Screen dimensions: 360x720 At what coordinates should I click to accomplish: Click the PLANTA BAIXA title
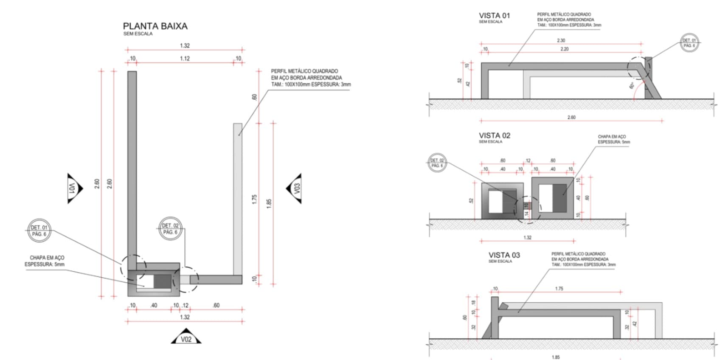point(155,26)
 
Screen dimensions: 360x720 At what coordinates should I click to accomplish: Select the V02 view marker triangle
point(186,337)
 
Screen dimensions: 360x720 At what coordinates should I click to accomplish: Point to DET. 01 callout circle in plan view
point(39,231)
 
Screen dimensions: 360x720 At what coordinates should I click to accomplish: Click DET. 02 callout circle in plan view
point(170,229)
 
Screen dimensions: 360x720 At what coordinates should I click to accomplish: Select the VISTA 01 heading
point(494,16)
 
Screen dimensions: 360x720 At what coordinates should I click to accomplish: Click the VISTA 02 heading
point(494,135)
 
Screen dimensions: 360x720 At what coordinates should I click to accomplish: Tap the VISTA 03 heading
point(504,255)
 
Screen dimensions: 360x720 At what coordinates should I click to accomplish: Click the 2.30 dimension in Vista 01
point(561,40)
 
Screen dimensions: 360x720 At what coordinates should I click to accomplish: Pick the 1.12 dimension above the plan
point(185,59)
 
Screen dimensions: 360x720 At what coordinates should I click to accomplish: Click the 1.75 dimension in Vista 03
point(559,289)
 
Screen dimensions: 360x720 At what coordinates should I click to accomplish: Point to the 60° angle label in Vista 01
point(632,85)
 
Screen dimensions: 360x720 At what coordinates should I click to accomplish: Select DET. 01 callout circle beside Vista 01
point(689,43)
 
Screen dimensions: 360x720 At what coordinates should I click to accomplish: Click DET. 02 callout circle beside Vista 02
point(437,163)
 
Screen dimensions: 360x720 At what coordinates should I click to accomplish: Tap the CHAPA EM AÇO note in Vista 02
point(613,139)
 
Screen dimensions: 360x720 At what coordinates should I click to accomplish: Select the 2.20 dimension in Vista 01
point(564,49)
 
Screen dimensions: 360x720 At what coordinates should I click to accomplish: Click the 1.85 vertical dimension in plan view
point(269,203)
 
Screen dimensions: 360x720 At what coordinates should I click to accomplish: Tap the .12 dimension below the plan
point(185,305)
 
